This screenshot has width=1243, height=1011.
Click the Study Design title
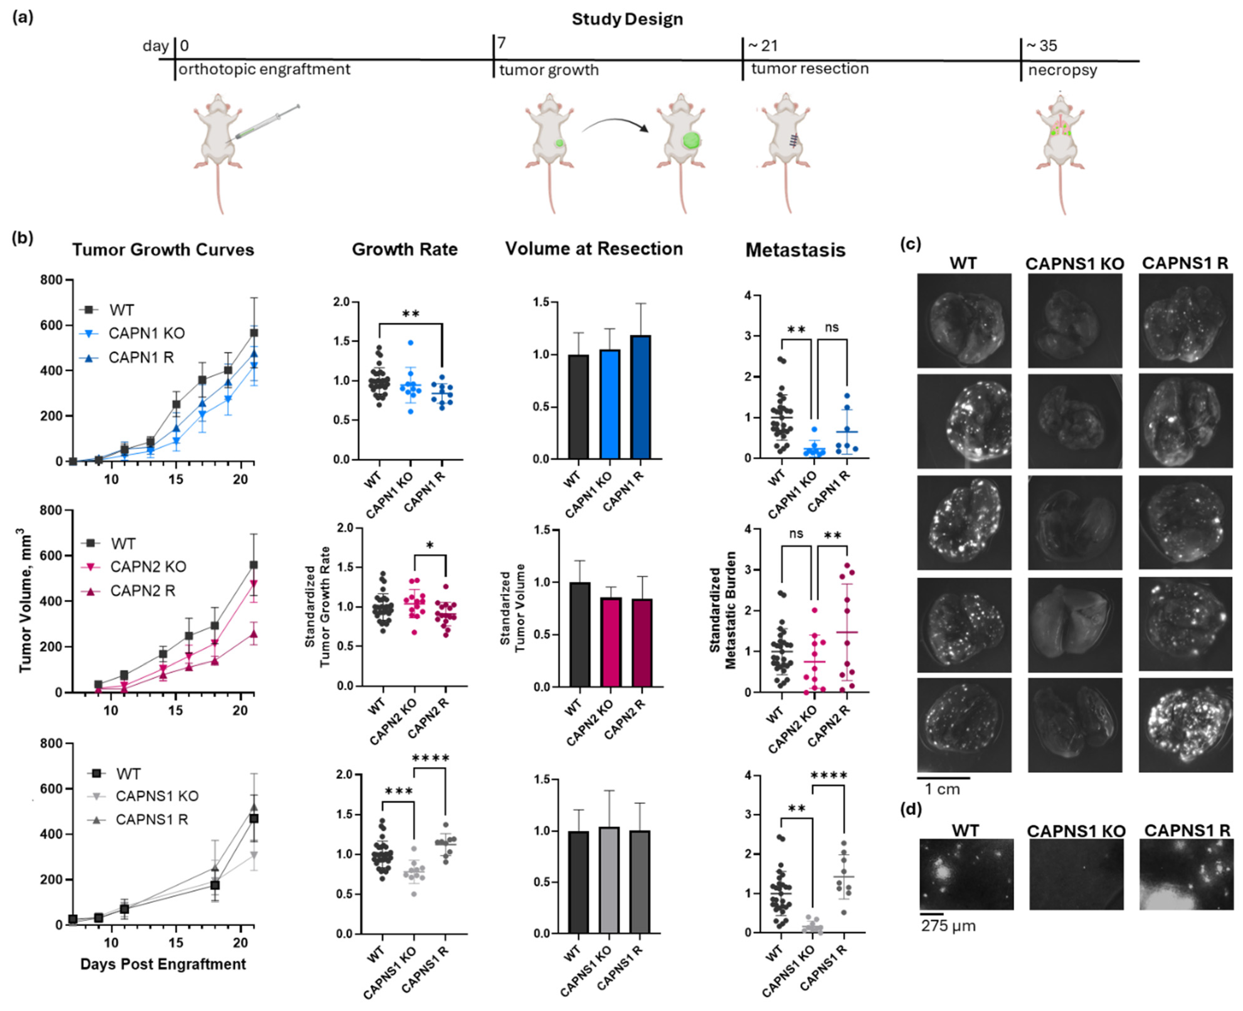627,19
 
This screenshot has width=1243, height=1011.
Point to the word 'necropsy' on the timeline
1062,71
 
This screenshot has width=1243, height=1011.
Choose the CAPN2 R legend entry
143,590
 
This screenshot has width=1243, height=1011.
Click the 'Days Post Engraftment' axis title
163,964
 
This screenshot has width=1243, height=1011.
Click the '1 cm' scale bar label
942,789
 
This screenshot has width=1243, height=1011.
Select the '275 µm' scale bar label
948,926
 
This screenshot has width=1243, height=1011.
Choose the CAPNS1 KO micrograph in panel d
1076,874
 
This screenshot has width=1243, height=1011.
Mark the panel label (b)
23,239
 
